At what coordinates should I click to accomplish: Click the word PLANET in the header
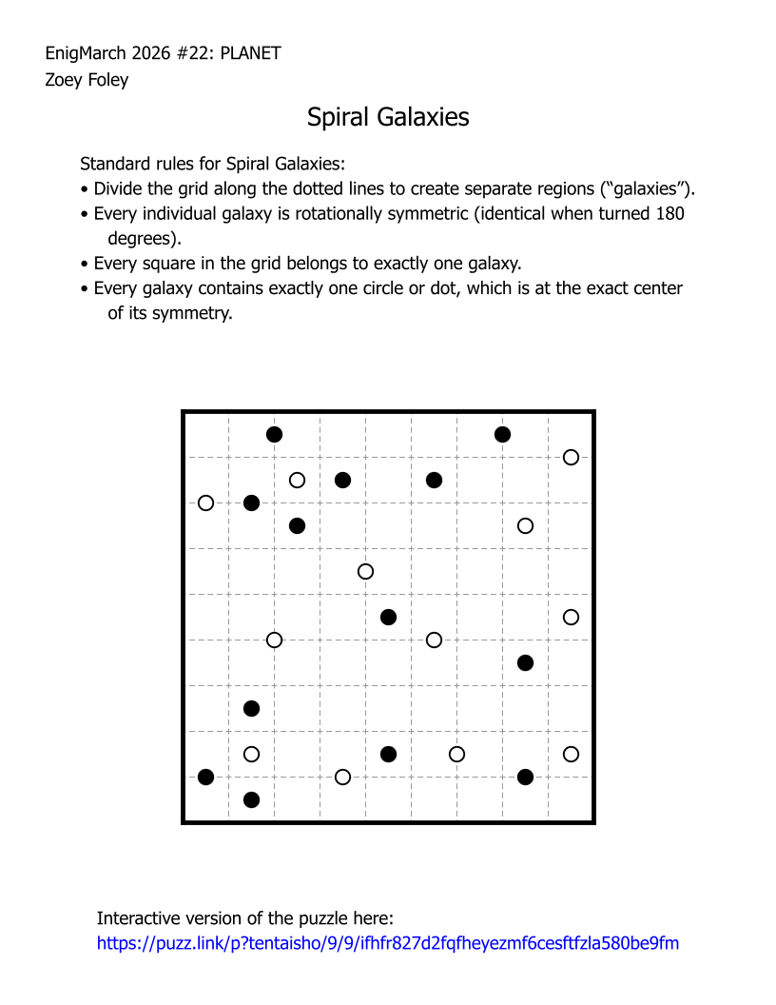pos(250,53)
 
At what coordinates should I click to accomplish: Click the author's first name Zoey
pos(63,80)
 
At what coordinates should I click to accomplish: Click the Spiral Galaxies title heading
pos(388,117)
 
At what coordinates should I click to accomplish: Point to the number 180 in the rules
pos(669,213)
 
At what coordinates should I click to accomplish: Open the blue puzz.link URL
pos(388,944)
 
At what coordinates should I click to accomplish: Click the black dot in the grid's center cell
pos(388,617)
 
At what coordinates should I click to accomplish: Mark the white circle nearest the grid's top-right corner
pos(571,457)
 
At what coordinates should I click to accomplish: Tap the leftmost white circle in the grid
pos(205,502)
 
